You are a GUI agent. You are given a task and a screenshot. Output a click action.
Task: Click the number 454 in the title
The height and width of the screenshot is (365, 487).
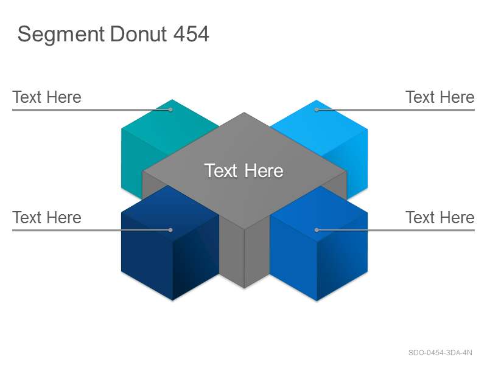(191, 33)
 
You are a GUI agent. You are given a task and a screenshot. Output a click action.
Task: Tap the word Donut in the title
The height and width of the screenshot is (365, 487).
(139, 33)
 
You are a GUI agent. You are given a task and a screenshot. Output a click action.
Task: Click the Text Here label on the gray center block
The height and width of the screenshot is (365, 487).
(244, 171)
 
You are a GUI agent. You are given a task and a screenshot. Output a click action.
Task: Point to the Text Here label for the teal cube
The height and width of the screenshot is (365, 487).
(47, 97)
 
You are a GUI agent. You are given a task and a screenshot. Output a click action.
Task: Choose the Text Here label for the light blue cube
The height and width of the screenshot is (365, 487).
(440, 97)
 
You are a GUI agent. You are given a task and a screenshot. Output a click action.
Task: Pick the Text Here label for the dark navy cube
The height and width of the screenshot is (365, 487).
(47, 218)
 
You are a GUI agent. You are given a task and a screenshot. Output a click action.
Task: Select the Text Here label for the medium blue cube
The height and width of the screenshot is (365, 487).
(440, 218)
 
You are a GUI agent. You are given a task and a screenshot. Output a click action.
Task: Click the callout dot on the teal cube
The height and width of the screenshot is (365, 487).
(170, 109)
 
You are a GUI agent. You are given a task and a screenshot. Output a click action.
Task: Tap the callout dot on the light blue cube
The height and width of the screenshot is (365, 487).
(317, 109)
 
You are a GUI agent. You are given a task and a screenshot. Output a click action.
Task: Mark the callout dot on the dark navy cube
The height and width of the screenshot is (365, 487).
(170, 230)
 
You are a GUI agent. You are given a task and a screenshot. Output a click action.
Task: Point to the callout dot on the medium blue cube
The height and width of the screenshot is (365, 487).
(317, 230)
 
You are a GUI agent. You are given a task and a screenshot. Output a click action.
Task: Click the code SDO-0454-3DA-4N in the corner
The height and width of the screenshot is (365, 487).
(440, 353)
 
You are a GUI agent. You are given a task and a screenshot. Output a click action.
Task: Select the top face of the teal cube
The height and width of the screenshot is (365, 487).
(171, 128)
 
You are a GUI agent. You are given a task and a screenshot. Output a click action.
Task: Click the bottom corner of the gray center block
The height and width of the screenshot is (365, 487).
(245, 288)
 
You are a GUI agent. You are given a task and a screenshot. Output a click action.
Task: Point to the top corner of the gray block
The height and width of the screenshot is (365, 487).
(244, 113)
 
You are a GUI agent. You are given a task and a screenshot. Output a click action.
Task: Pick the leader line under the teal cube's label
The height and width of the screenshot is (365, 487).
(91, 109)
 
